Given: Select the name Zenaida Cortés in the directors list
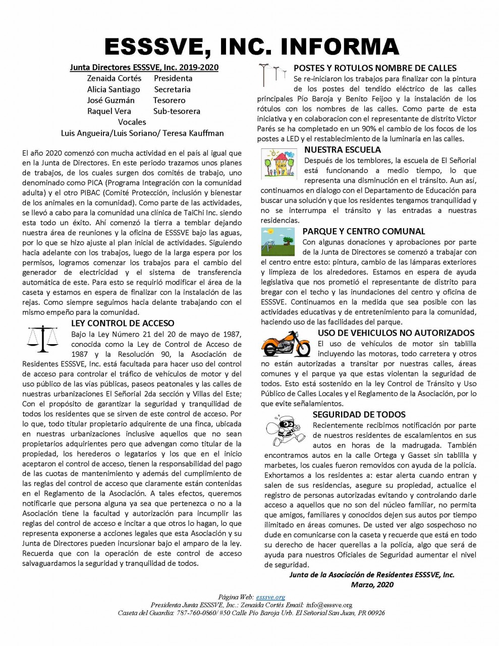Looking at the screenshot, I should (114, 78).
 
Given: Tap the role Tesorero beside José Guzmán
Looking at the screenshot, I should (170, 100).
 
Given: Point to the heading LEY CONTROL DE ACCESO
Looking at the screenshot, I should (123, 324).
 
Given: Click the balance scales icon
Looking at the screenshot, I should (42, 338).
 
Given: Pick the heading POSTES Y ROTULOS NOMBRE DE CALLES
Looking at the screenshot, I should (375, 68).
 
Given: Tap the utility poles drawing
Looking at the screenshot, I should (269, 75).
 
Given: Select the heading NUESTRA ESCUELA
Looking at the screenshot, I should (343, 150).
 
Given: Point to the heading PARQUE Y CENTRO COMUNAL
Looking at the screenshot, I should (364, 231).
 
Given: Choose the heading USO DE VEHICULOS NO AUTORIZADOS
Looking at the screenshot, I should (396, 333).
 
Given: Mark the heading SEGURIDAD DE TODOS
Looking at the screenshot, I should (359, 414).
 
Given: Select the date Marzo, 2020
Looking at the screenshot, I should (372, 585).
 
